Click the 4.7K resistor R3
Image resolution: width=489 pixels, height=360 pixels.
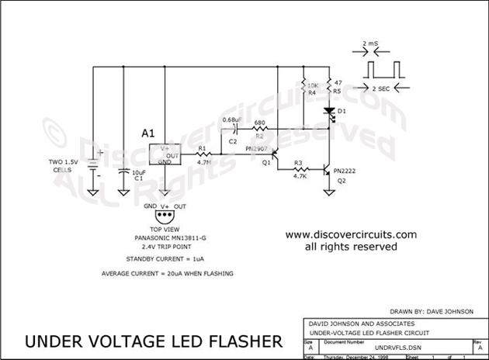point(298,168)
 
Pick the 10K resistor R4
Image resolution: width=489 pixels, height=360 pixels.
point(302,85)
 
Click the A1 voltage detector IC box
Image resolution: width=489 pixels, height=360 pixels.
point(172,154)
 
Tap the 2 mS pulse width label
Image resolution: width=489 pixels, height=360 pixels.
point(370,45)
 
